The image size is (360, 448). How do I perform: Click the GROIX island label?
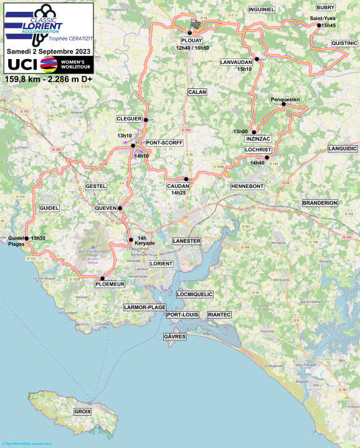(x=82, y=412)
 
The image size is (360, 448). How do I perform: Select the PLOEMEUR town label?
(x=110, y=284)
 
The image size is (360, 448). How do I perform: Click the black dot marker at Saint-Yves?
(x=318, y=26)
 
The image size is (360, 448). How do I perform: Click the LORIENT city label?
(x=161, y=264)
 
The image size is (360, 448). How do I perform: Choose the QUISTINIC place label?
(x=344, y=43)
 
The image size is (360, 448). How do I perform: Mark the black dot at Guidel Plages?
(x=26, y=238)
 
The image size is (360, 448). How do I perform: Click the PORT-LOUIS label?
(x=182, y=315)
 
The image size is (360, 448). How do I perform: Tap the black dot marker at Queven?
(x=120, y=208)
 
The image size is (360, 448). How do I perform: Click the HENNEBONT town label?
(x=247, y=186)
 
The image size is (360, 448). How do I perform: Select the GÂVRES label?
(x=174, y=337)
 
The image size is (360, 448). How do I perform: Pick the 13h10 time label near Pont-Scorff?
(x=125, y=136)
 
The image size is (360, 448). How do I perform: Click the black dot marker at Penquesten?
(x=283, y=104)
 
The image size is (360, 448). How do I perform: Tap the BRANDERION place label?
(x=320, y=203)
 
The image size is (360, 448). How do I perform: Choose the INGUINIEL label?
(x=261, y=9)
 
